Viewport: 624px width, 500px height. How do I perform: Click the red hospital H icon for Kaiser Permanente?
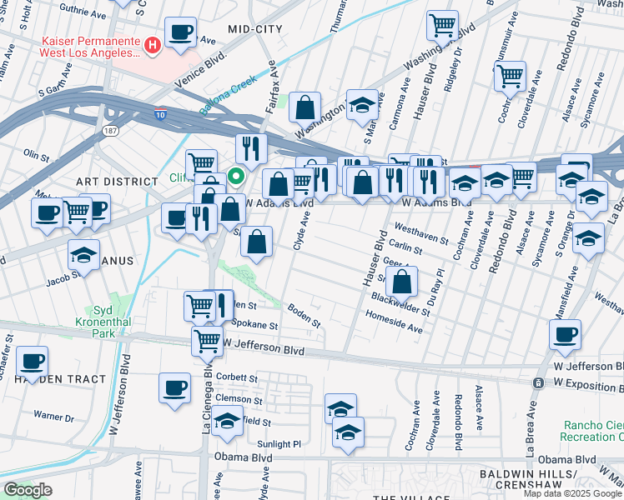pos(153,45)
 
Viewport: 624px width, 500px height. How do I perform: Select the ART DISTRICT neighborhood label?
pos(116,181)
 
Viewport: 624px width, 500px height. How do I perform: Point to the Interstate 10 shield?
pos(159,114)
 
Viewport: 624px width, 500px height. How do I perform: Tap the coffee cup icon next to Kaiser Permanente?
pos(180,33)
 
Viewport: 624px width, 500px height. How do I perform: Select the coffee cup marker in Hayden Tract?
pos(33,362)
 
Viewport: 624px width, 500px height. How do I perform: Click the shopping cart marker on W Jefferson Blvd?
pos(207,340)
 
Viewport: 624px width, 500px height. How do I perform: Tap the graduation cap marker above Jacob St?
pos(83,255)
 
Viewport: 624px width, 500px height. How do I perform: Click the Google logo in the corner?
pos(28,490)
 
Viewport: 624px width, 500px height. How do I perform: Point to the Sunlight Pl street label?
pos(279,444)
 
